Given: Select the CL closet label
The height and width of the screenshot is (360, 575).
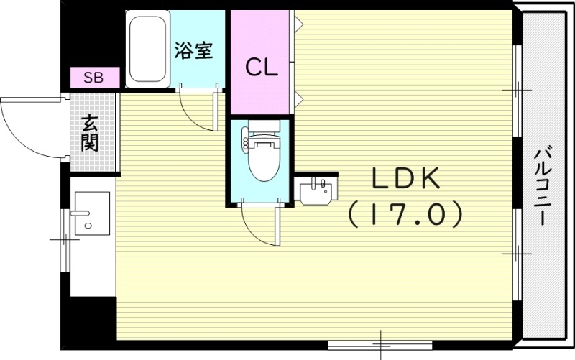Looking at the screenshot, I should click(262, 67).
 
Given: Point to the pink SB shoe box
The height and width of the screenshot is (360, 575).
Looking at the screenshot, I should click(94, 77).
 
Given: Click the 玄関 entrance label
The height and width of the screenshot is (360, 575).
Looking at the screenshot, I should click(90, 133).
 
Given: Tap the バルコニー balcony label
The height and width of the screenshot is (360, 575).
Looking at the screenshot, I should click(543, 185).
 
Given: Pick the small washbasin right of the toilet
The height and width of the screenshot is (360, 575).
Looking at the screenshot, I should click(316, 191).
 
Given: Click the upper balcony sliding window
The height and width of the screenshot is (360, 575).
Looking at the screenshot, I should click(516, 90).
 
